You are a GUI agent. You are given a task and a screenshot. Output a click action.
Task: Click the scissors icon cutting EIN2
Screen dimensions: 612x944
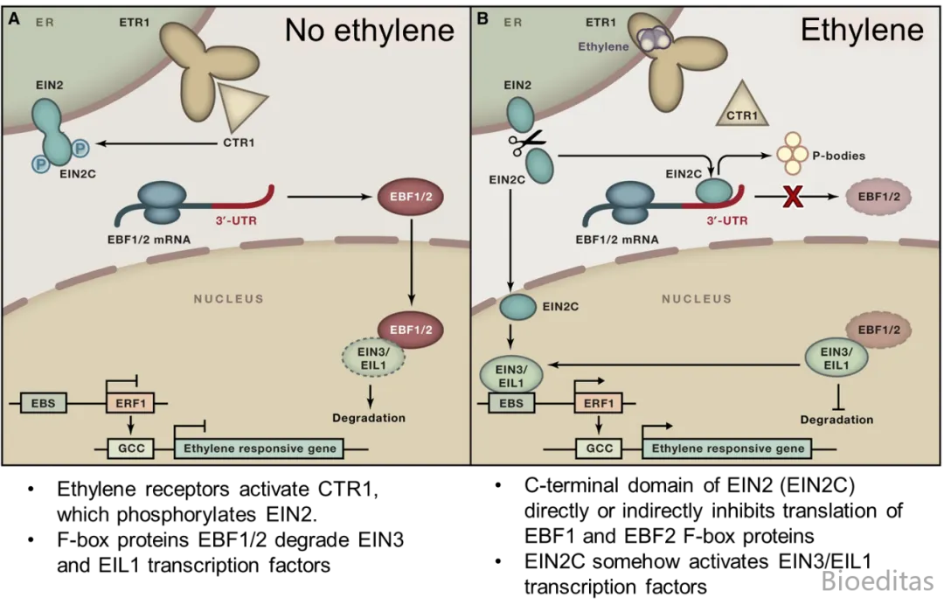(528, 142)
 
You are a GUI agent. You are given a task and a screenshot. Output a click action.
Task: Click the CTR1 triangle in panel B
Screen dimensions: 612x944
(741, 107)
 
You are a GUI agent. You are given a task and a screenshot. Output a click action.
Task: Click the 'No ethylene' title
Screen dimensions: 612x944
(369, 31)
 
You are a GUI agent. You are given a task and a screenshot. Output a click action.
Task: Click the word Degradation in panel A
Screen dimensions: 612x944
(369, 418)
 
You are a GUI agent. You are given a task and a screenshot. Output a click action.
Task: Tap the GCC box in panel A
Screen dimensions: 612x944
(130, 449)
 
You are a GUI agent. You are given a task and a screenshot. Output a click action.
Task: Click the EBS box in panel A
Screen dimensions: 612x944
(44, 404)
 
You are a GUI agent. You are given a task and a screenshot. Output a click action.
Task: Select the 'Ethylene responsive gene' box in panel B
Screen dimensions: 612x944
(728, 449)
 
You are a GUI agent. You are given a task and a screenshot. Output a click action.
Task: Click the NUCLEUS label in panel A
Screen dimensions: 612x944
(228, 299)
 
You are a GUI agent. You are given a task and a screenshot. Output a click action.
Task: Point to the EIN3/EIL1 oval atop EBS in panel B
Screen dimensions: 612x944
(510, 376)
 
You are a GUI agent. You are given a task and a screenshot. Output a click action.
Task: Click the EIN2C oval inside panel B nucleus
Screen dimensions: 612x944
(517, 307)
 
